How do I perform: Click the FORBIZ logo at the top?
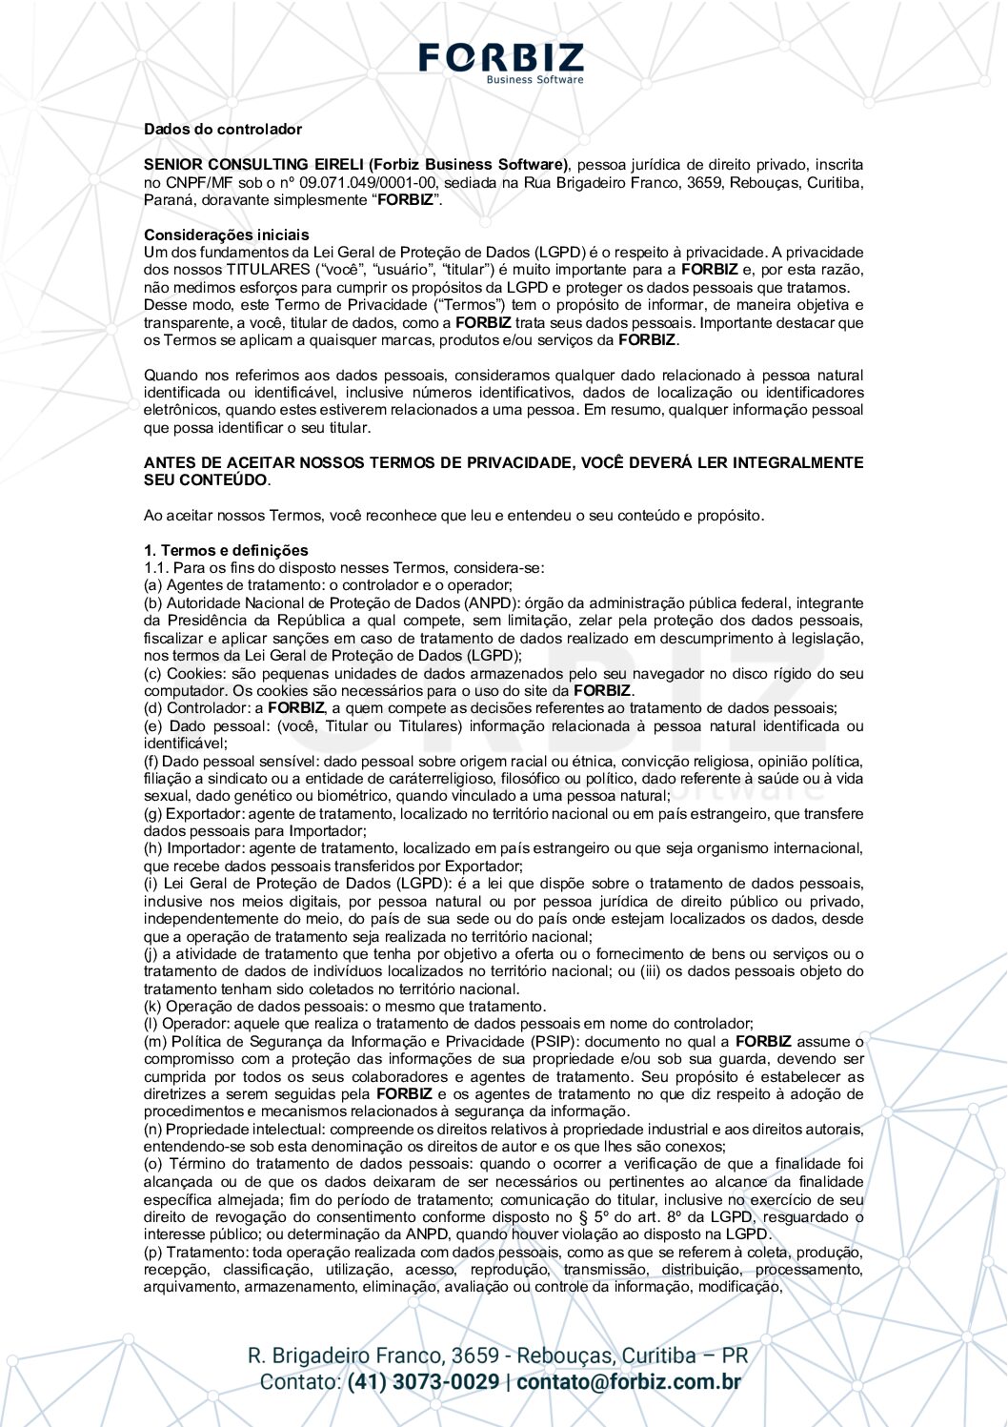click(501, 59)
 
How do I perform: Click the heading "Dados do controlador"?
click(222, 129)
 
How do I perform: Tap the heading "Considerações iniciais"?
click(226, 234)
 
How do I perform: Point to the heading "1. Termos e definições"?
click(226, 550)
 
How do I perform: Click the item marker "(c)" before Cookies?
click(153, 673)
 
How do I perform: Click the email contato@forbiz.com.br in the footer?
click(629, 1381)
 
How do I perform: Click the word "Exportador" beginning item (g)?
click(204, 813)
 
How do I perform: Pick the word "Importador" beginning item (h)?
click(205, 847)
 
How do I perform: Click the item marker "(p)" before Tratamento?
click(153, 1252)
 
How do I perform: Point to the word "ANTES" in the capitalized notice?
click(169, 462)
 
